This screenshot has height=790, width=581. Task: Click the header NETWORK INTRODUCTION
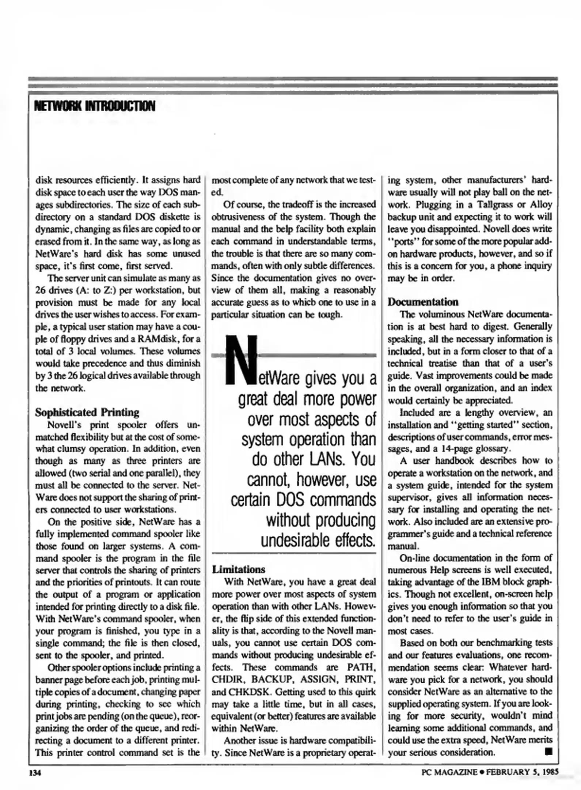pos(95,106)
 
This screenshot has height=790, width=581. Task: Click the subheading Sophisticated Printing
pos(87,412)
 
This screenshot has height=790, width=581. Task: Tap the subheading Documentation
pos(423,302)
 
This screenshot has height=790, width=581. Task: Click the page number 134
pos(35,772)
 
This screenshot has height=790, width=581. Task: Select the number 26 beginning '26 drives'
pos(41,290)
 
